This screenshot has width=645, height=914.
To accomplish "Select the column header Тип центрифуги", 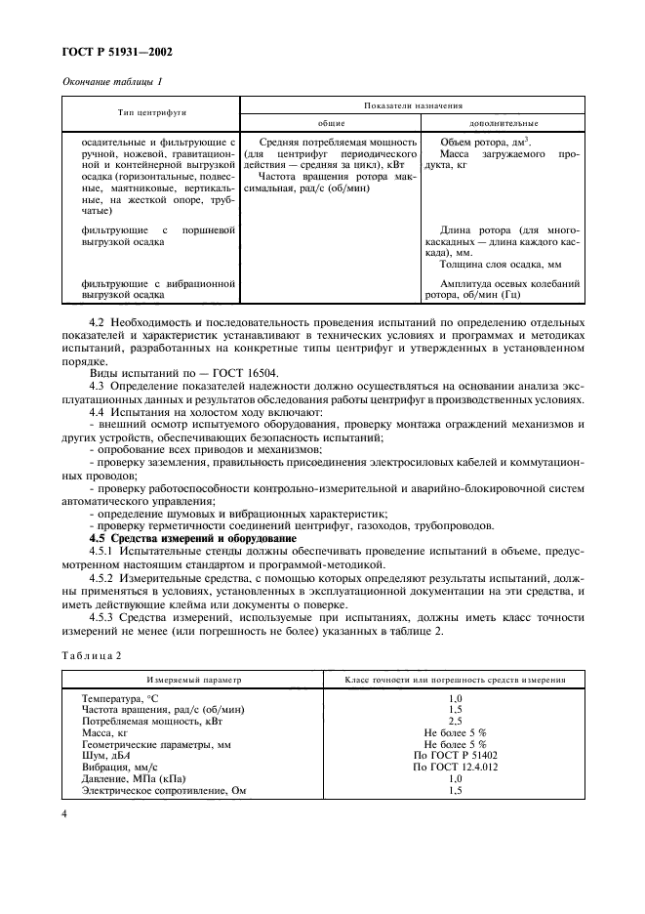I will tap(152, 112).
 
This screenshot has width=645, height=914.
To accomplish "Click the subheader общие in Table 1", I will tap(332, 123).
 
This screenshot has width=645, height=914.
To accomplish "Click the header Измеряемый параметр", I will tap(192, 678).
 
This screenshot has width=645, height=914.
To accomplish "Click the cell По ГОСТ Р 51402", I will tap(454, 755).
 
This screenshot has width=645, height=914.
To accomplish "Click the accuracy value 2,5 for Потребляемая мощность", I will tap(454, 722).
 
